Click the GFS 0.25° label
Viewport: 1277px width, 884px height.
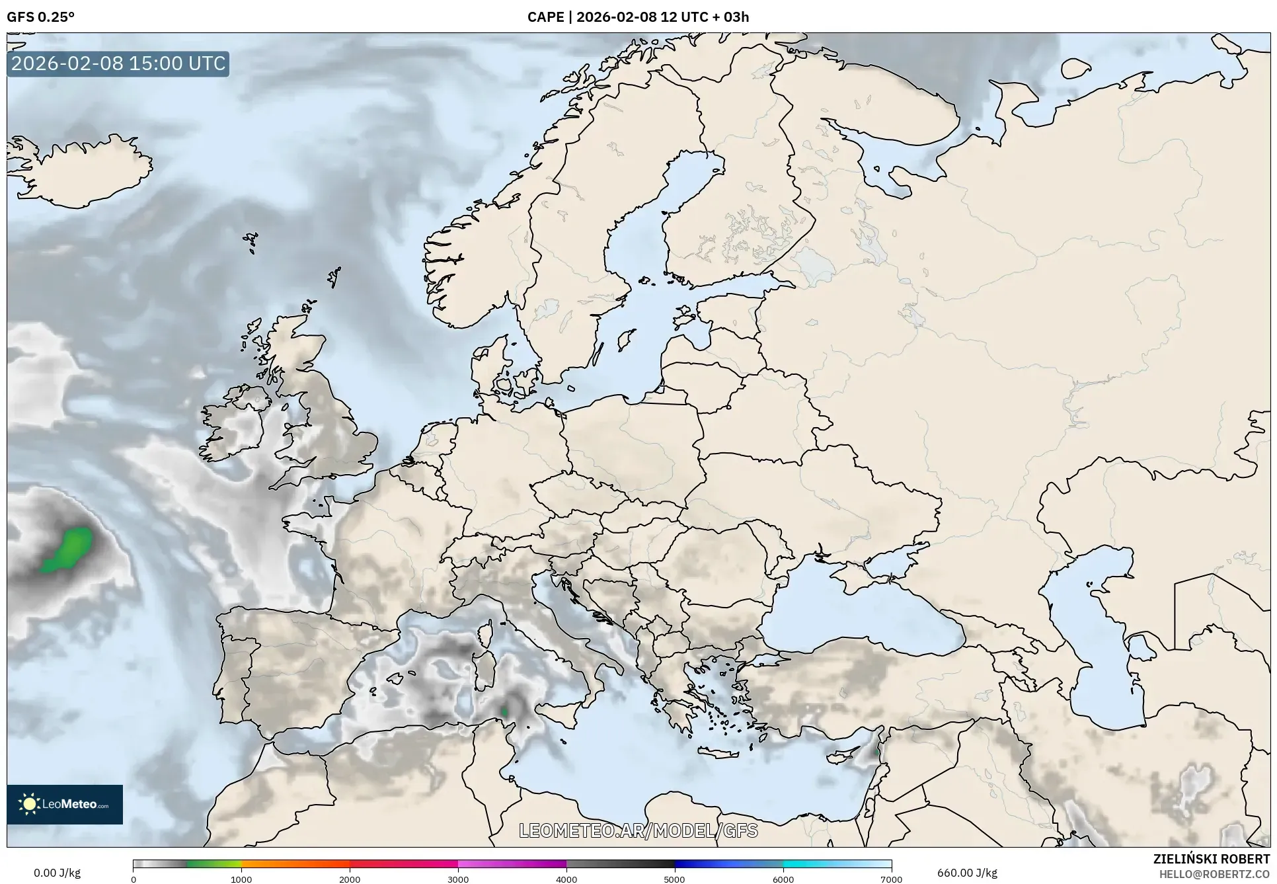pos(40,17)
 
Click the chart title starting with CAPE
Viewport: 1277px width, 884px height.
pos(638,17)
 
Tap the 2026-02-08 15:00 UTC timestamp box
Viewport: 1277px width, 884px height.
pos(118,63)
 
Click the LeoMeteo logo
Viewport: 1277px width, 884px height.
pos(65,804)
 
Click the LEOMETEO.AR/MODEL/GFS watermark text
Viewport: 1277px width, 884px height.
pos(638,830)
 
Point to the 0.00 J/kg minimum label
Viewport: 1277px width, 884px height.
pos(57,873)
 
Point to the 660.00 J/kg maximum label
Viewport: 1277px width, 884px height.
pos(967,873)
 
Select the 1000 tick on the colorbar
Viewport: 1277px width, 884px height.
pos(241,879)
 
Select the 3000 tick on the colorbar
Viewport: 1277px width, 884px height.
pos(458,879)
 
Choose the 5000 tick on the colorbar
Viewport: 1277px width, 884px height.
pos(674,879)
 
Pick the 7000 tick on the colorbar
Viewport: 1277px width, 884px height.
pos(891,879)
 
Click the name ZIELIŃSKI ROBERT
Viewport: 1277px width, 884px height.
pos(1211,859)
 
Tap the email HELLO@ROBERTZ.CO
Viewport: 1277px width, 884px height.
pos(1214,874)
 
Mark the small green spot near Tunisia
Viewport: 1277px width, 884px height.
pos(504,711)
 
